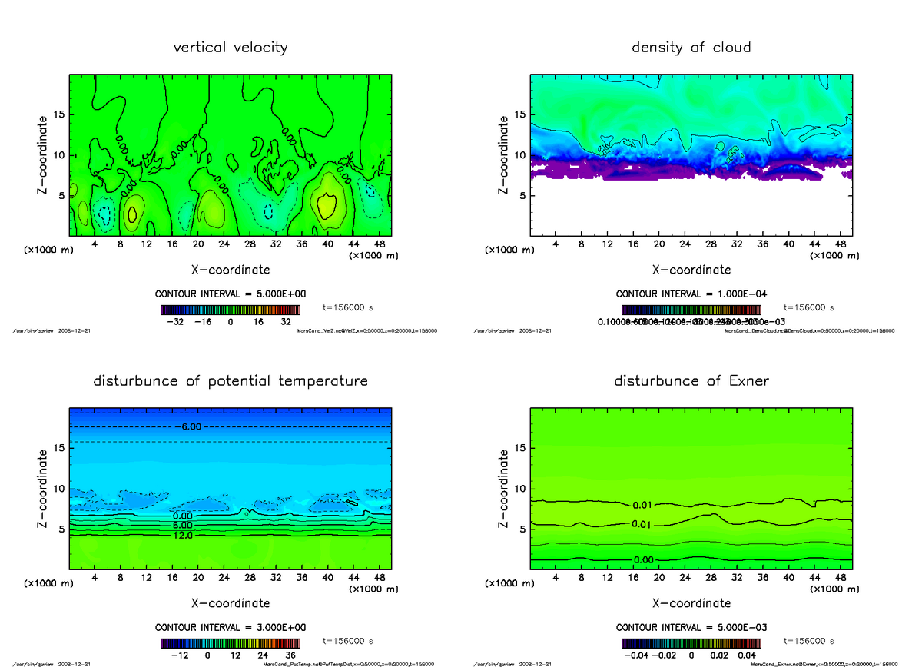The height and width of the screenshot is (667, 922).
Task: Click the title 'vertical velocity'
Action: tap(230, 48)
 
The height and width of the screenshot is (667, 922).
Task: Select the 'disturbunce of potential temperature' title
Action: tap(230, 381)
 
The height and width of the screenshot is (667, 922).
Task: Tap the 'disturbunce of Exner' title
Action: tap(691, 381)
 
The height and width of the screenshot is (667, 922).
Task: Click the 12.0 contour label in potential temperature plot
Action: tap(183, 535)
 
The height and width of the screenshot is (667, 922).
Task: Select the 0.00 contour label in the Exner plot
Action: tap(644, 559)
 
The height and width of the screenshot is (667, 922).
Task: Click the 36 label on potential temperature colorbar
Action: tap(290, 655)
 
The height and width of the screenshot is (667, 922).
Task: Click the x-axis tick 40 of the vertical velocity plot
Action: tap(327, 244)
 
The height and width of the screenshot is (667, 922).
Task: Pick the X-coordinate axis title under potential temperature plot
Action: tap(230, 603)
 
